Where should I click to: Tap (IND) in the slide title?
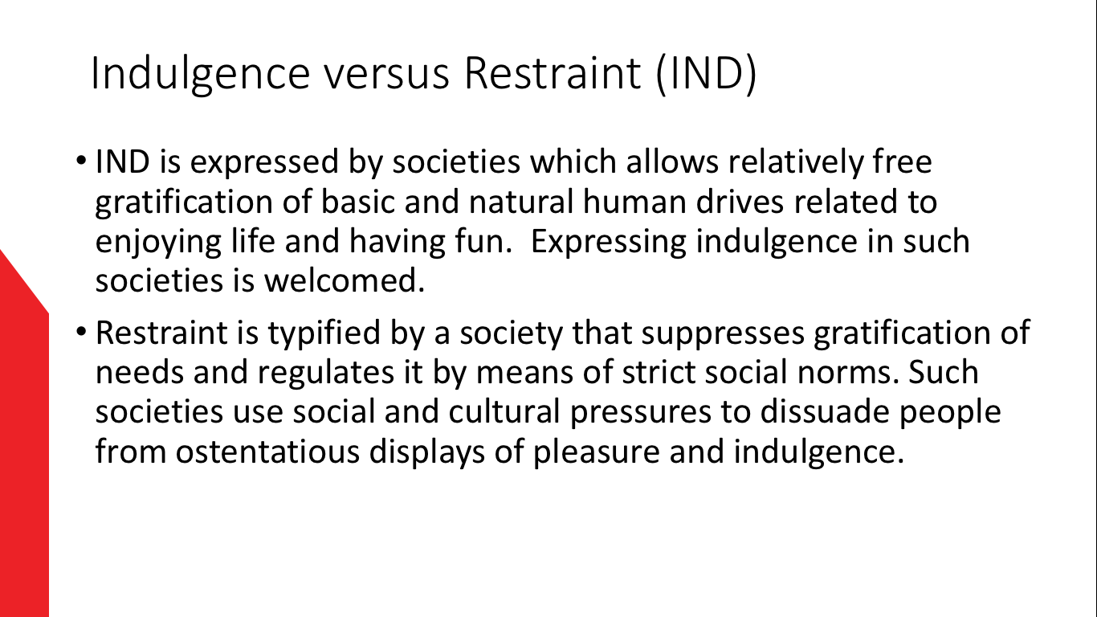[x=706, y=74]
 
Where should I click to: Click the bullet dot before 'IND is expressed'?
[x=81, y=160]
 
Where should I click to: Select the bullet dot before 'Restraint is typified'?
[x=81, y=331]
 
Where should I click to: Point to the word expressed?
[x=264, y=162]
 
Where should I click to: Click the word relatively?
[x=796, y=162]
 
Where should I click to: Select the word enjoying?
[x=158, y=242]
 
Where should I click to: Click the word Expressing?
[x=608, y=242]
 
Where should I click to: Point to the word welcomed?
[x=345, y=280]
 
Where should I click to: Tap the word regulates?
[x=326, y=373]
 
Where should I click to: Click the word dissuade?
[x=825, y=411]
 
